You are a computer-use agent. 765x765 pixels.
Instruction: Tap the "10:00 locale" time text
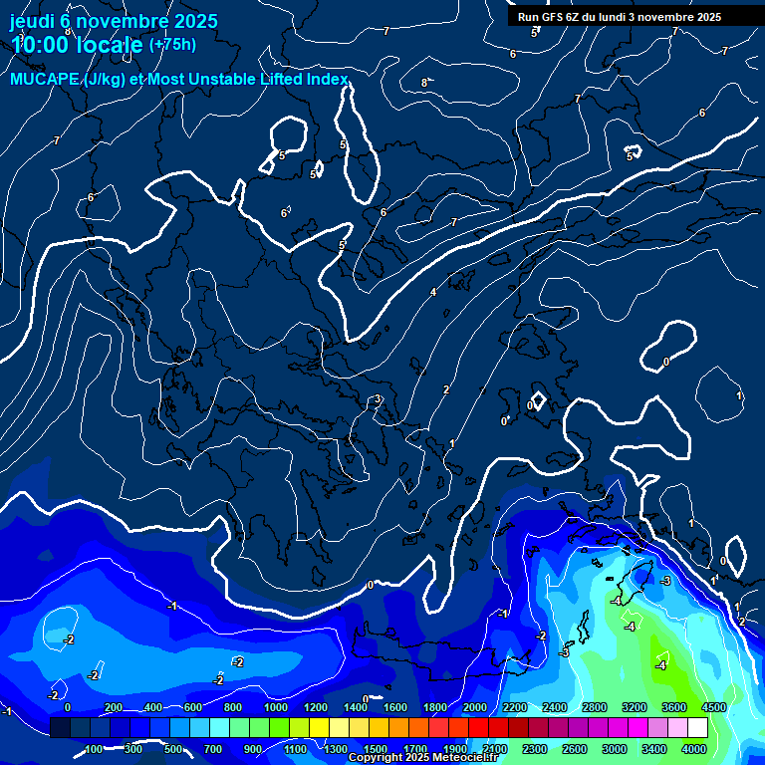pyautogui.click(x=77, y=45)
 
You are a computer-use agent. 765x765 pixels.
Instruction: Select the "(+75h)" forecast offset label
pyautogui.click(x=172, y=44)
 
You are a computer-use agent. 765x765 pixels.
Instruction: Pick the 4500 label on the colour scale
pyautogui.click(x=713, y=707)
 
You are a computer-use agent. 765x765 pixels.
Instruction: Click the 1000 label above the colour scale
pyautogui.click(x=276, y=707)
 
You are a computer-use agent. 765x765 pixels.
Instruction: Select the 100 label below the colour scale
pyautogui.click(x=94, y=749)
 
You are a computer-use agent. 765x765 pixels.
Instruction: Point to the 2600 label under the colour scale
pyautogui.click(x=574, y=749)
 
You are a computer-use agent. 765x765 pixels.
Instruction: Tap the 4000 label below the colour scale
pyautogui.click(x=694, y=749)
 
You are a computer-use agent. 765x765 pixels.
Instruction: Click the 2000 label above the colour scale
pyautogui.click(x=474, y=707)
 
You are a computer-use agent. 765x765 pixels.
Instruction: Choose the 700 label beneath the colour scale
pyautogui.click(x=212, y=749)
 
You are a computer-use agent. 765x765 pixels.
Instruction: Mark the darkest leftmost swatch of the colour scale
pyautogui.click(x=60, y=728)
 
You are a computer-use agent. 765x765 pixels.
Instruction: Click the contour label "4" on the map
pyautogui.click(x=433, y=292)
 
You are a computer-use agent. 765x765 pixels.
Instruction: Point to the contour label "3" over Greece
pyautogui.click(x=378, y=400)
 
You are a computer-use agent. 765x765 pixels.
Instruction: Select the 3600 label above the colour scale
pyautogui.click(x=673, y=707)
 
